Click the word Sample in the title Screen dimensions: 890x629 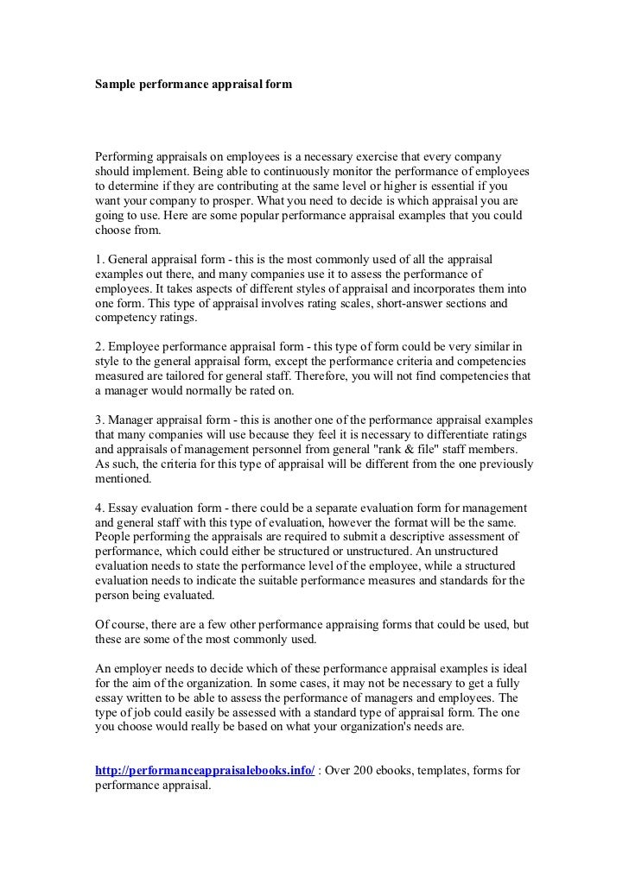[x=116, y=85]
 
